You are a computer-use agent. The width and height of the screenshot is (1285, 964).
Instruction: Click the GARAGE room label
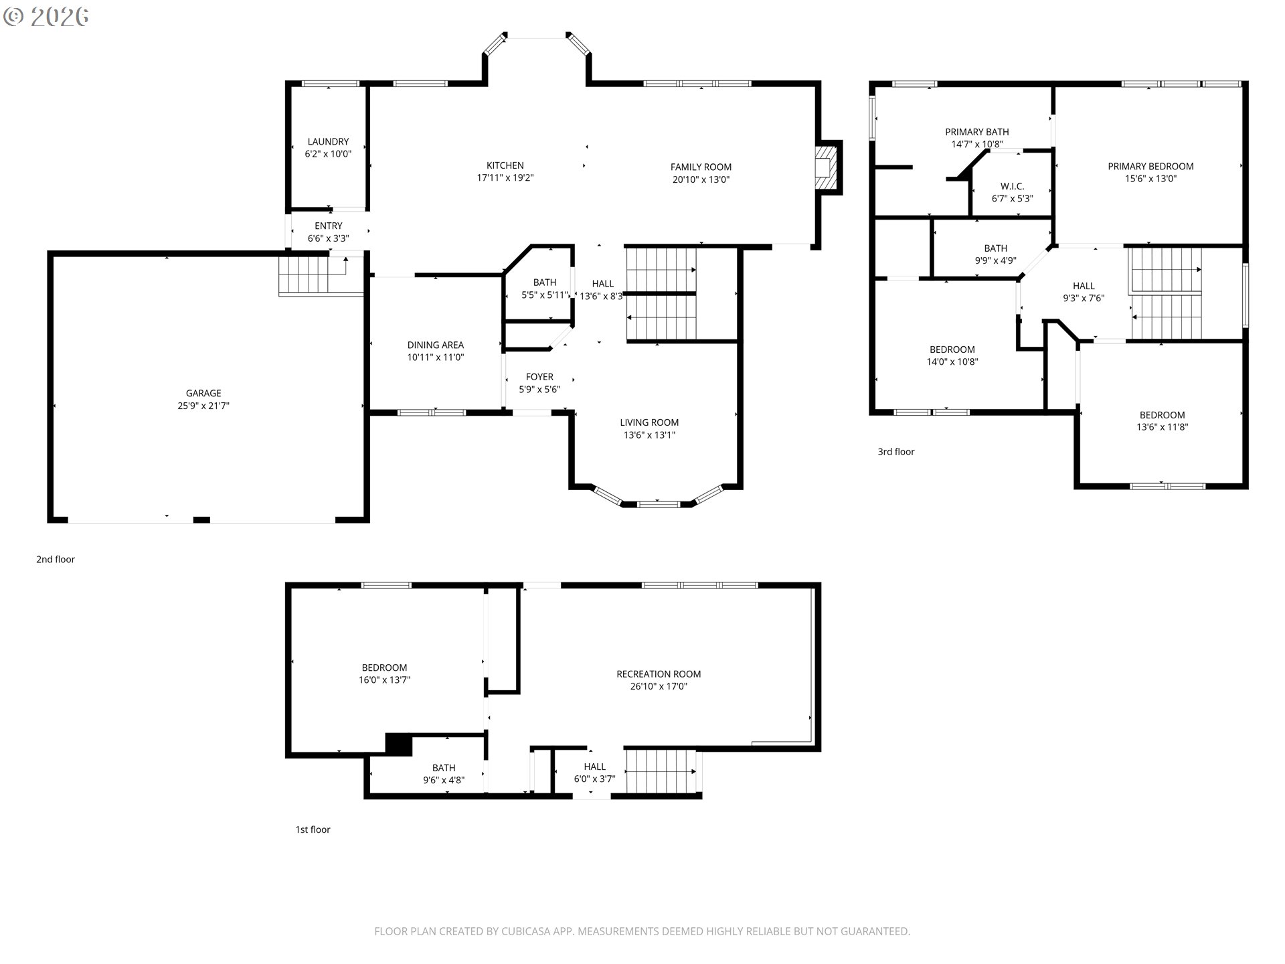click(203, 393)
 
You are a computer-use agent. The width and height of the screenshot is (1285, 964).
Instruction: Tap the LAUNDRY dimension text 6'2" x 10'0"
click(328, 154)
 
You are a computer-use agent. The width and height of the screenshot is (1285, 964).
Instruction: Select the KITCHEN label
click(505, 165)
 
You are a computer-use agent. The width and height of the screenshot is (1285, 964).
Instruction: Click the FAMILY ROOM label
click(701, 167)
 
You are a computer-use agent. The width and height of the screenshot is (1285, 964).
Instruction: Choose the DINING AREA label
click(435, 345)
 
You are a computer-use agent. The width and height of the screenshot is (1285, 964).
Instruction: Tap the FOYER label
click(539, 377)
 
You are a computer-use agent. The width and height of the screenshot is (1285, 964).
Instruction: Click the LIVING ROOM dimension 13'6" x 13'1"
click(649, 435)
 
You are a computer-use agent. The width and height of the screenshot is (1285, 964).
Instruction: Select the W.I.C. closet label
click(1012, 186)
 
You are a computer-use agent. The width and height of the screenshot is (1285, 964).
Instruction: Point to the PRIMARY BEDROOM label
click(1150, 166)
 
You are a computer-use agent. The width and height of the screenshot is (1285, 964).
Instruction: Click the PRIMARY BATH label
click(976, 132)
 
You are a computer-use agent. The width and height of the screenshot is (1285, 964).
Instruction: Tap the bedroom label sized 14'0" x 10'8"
click(952, 349)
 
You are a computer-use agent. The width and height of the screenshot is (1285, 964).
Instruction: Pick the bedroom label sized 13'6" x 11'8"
click(1162, 415)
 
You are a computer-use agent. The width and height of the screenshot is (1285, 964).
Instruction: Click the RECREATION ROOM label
click(659, 674)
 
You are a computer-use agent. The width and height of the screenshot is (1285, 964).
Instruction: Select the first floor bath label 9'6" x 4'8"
click(443, 768)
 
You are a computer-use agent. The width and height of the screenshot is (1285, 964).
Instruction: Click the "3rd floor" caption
click(895, 452)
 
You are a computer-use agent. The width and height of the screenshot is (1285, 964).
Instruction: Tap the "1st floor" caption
click(313, 829)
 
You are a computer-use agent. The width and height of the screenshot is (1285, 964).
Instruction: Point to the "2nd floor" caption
click(56, 560)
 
